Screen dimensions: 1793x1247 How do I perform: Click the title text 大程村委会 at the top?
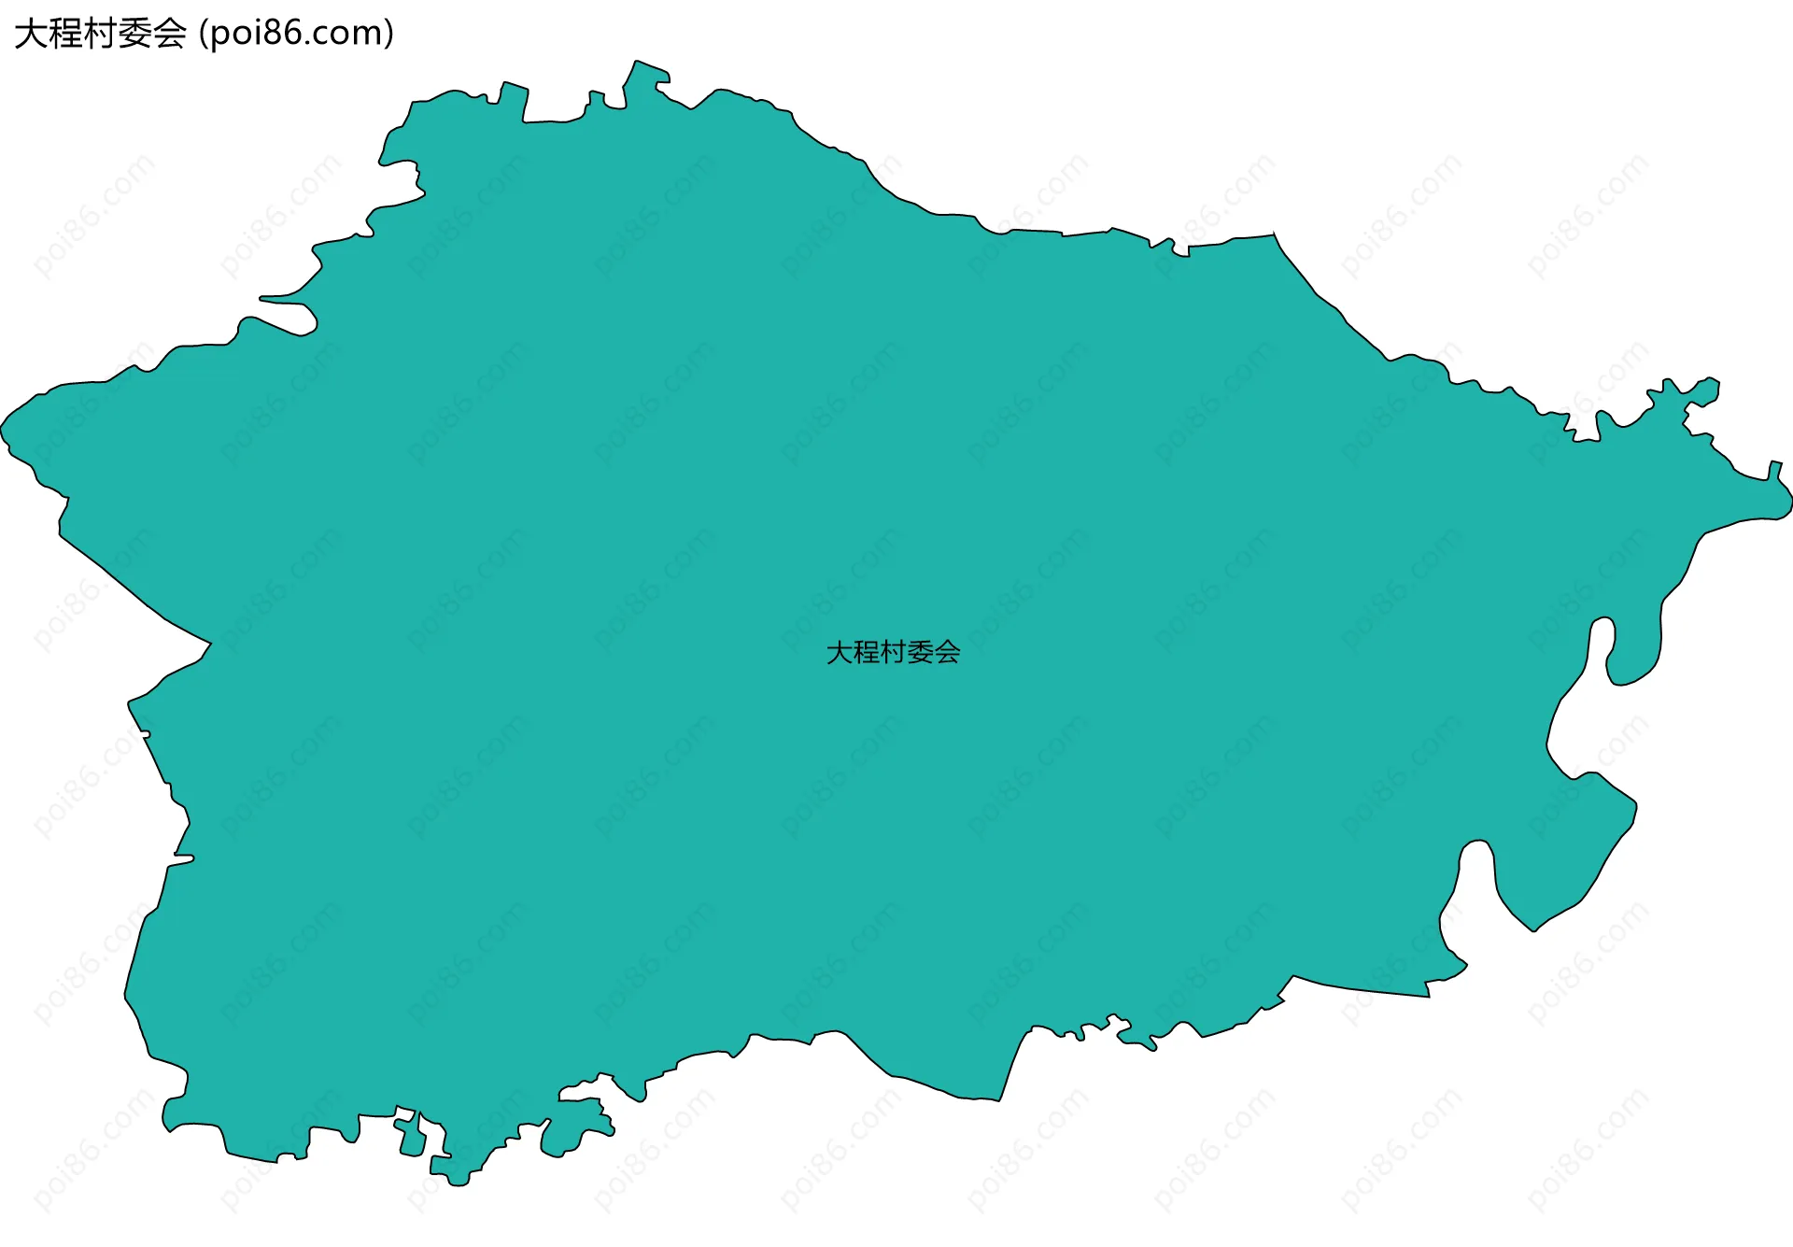coord(100,34)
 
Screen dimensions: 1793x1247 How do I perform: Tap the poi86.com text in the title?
coord(297,34)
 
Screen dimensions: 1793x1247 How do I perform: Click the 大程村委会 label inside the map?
coord(893,652)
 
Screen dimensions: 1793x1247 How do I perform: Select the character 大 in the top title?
coord(30,34)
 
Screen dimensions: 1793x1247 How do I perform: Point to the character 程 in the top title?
coord(65,34)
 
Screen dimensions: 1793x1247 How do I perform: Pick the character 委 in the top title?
coord(135,34)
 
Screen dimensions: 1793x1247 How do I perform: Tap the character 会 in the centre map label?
coord(947,652)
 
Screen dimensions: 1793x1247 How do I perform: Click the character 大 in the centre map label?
coord(840,652)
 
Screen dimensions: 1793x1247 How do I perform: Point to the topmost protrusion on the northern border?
coord(637,63)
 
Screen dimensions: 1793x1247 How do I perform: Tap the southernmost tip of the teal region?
coord(458,1184)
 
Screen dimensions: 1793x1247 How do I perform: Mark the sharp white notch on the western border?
coord(204,644)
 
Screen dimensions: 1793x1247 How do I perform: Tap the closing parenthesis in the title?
coord(388,34)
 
